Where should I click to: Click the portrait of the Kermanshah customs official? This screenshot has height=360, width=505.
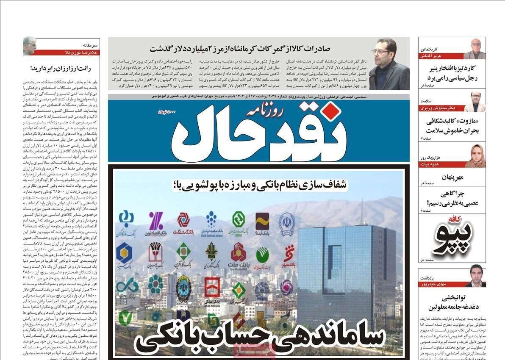388,64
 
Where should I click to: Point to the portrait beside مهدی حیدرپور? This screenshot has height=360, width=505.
475,276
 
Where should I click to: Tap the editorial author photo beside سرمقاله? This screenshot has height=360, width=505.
29,46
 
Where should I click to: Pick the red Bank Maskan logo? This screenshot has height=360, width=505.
211,288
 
